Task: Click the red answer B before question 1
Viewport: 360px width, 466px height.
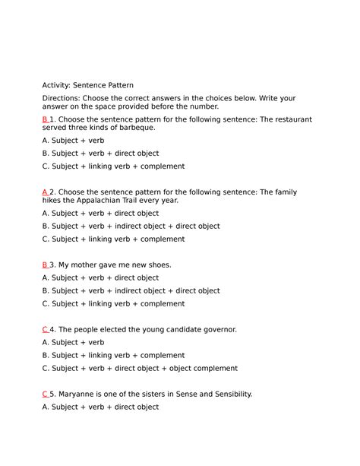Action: [x=45, y=119]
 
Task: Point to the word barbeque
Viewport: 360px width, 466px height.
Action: [x=137, y=128]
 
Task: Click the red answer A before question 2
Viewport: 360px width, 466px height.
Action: [x=45, y=192]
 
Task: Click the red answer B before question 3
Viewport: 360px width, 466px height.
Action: [x=45, y=265]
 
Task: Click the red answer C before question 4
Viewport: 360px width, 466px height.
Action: [x=45, y=329]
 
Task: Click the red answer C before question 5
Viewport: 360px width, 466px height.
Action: [x=45, y=394]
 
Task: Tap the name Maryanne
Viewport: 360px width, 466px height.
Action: [x=79, y=394]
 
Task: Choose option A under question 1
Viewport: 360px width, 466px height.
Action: [x=74, y=141]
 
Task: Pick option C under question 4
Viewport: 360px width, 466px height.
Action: [x=140, y=368]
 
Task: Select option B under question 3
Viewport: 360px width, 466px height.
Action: [x=131, y=290]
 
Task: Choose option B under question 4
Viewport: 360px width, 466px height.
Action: [x=113, y=355]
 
